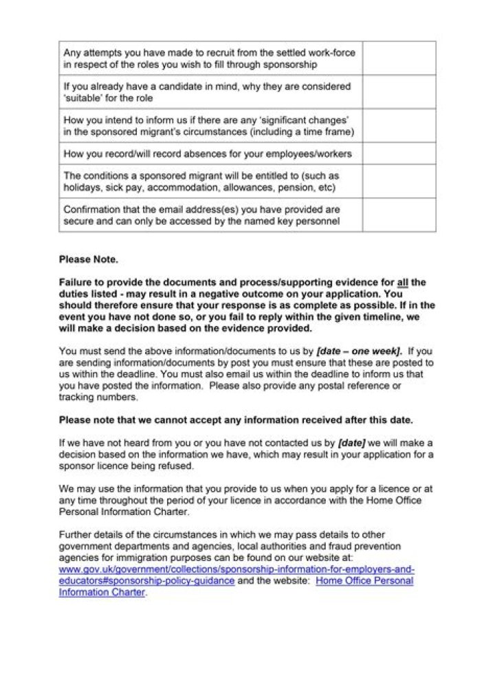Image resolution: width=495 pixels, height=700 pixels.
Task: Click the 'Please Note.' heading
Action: [x=88, y=260]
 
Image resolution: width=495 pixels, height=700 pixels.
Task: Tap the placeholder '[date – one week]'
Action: [x=359, y=351]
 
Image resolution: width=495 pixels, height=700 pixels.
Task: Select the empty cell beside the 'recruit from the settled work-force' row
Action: [x=399, y=58]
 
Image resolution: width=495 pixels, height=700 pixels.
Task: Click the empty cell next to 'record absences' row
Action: [x=399, y=153]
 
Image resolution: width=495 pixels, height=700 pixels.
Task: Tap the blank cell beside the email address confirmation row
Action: [x=399, y=215]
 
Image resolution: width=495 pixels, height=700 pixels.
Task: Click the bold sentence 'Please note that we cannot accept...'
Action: [x=236, y=419]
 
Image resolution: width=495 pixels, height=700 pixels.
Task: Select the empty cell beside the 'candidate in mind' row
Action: [x=399, y=92]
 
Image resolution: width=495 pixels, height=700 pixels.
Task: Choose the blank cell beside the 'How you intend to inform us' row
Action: [x=399, y=126]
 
